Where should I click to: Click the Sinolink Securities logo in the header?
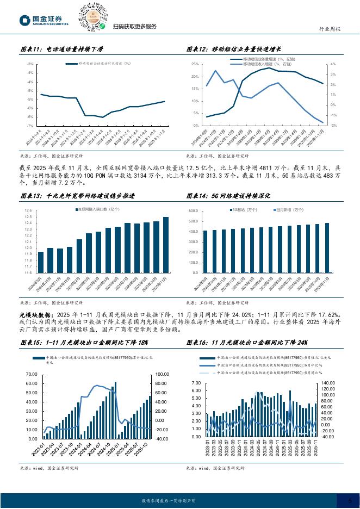(44, 20)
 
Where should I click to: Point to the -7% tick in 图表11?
(32, 126)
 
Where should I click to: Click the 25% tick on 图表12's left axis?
(195, 64)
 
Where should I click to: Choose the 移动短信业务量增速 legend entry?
(257, 59)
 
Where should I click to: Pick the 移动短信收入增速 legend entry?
(257, 64)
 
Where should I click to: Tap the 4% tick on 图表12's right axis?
(332, 64)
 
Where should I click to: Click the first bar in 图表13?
(41, 262)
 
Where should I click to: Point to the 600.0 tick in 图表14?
(195, 211)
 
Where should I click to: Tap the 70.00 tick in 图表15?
(31, 375)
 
